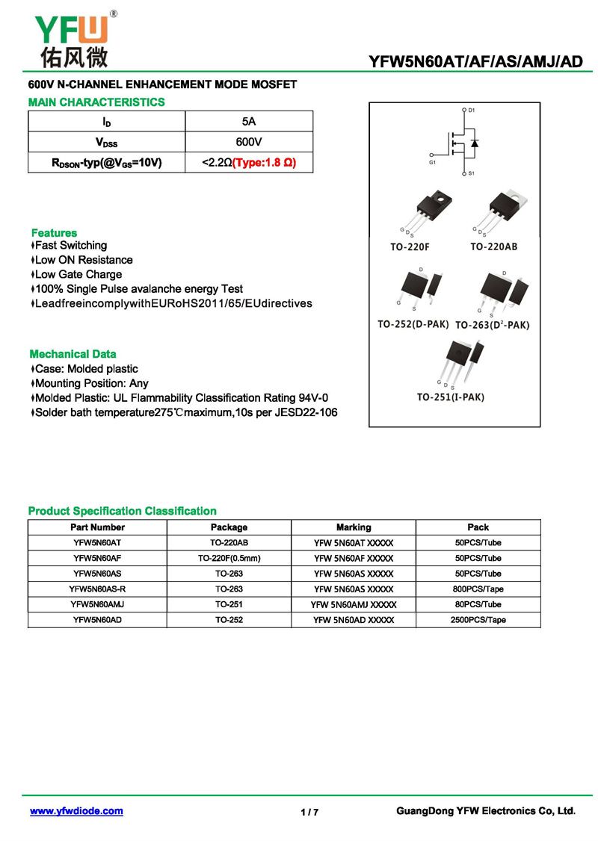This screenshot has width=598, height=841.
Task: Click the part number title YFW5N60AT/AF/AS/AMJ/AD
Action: (475, 61)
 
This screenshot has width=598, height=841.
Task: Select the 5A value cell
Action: (249, 121)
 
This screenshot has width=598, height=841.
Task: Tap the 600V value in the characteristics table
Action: (249, 142)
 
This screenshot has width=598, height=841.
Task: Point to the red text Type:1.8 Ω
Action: (264, 162)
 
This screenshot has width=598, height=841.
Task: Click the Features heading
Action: (54, 233)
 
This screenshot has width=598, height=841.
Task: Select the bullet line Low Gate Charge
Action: (78, 274)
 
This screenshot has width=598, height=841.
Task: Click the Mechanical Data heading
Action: (73, 354)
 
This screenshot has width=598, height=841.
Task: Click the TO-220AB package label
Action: (493, 246)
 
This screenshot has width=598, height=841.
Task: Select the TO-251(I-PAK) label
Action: (450, 397)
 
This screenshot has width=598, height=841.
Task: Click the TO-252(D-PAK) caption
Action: (413, 324)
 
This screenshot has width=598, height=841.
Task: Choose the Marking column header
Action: (354, 527)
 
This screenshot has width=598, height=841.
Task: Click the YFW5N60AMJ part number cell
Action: (97, 604)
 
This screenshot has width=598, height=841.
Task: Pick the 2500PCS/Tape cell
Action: (478, 620)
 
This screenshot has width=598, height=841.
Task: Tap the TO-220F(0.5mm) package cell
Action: (229, 558)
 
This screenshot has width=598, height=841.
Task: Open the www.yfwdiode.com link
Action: (76, 811)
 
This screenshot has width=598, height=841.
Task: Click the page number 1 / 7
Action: (309, 813)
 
